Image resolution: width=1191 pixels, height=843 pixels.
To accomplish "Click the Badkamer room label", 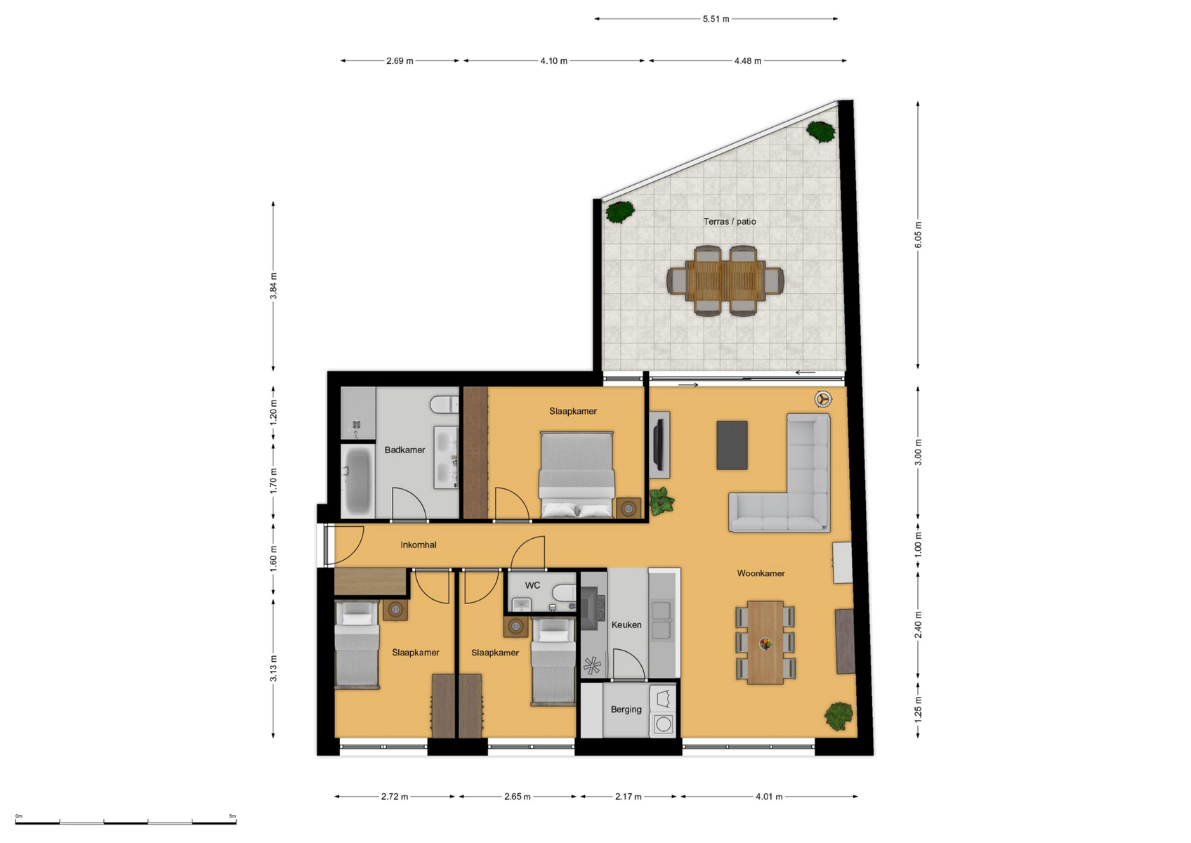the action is pos(404,450).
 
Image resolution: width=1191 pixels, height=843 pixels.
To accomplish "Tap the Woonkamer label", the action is pos(761,573).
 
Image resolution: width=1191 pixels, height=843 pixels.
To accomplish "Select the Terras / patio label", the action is pos(730,221).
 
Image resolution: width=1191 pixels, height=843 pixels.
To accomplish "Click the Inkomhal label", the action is pos(419,544).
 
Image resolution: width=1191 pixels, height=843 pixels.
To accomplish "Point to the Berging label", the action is pos(626,710).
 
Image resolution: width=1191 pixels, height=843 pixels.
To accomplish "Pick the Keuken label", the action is pos(626,625).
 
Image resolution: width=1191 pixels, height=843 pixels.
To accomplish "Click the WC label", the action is pos(532,586).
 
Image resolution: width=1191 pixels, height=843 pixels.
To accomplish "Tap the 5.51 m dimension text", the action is pos(716,19).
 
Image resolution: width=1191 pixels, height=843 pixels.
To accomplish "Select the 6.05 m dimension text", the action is pos(919,235).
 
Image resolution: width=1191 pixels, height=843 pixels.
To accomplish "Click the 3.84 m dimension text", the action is pos(273,286).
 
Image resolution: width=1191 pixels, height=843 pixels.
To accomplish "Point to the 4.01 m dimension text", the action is pos(769,797).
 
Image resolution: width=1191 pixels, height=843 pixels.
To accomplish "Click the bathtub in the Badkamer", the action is pos(357,481).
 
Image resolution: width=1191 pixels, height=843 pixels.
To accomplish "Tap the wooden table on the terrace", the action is pos(725,281).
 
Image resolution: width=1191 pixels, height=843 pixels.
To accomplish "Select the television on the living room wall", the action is pos(659,444).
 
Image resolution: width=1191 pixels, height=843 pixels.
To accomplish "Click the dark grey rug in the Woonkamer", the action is pos(732,445).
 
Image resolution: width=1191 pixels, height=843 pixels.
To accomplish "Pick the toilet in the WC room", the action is pos(564,592).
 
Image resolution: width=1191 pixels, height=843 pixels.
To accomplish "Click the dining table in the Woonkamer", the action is pos(765,643).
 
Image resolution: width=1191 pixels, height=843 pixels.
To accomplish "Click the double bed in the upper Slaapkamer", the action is pos(577,474).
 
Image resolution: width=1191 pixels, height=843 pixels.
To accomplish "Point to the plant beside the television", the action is pos(661,501).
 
